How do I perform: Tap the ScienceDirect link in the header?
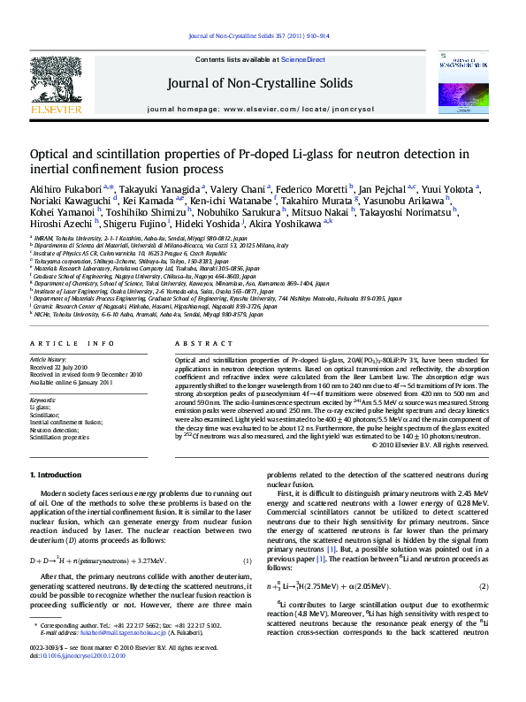coord(303,60)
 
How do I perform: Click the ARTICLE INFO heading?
coord(72,343)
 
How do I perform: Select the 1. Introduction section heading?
coord(56,475)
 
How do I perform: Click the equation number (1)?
coord(248,561)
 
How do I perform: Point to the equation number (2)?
coord(484,586)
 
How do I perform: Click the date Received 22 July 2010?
coord(60,366)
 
